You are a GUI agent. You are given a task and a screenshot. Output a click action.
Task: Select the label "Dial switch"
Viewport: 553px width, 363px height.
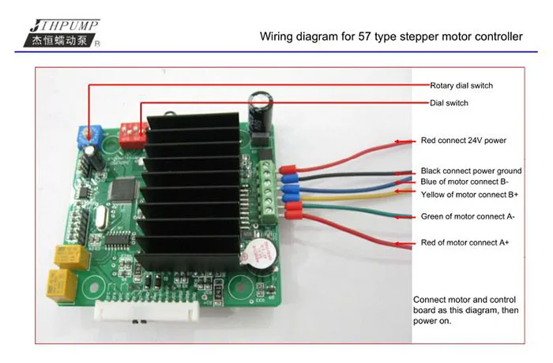point(449,103)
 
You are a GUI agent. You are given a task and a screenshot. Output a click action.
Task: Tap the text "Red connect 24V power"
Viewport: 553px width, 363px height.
point(463,141)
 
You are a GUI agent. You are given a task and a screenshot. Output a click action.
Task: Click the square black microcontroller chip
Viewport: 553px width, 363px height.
point(125,191)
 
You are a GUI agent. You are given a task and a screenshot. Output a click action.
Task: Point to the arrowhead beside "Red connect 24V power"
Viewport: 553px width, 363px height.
point(400,142)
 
